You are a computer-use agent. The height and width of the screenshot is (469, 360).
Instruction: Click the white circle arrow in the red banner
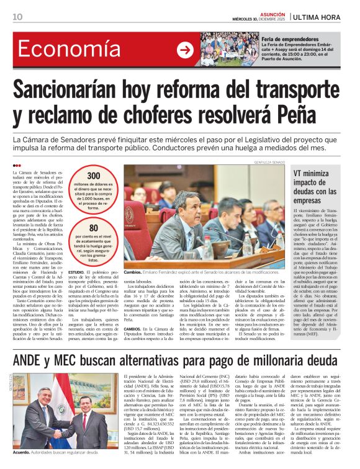[x=185, y=50]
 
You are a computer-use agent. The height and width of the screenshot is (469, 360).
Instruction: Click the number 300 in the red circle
[x=93, y=176]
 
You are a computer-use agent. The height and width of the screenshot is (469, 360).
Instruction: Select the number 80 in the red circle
[x=93, y=228]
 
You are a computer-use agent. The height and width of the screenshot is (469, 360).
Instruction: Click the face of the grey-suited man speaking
[x=182, y=204]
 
